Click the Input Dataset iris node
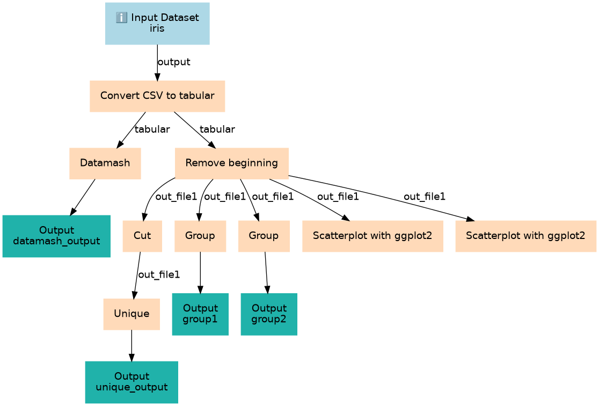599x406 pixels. [157, 23]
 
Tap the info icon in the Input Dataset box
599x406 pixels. [121, 18]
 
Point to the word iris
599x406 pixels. [157, 28]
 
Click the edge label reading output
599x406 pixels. [174, 62]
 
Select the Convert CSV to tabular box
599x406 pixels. [157, 96]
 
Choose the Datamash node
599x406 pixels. [105, 163]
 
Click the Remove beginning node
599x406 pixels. [231, 163]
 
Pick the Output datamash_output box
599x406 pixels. [56, 236]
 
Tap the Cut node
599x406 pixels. [142, 236]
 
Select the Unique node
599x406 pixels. [132, 314]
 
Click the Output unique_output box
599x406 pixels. [132, 382]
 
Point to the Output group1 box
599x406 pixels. [200, 314]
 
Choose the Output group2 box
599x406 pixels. [269, 314]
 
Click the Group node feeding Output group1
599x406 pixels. [200, 236]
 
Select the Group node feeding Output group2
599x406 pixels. [264, 236]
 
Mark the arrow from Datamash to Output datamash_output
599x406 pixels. [83, 197]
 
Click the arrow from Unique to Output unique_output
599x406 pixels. [132, 345]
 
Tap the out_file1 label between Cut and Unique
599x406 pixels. [159, 274]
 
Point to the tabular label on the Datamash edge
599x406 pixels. [152, 129]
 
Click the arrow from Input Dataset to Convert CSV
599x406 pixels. [157, 63]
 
